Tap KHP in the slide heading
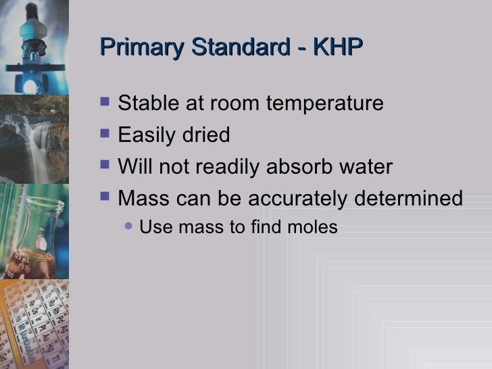point(336,49)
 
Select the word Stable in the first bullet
point(143,104)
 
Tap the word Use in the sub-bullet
point(155,228)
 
